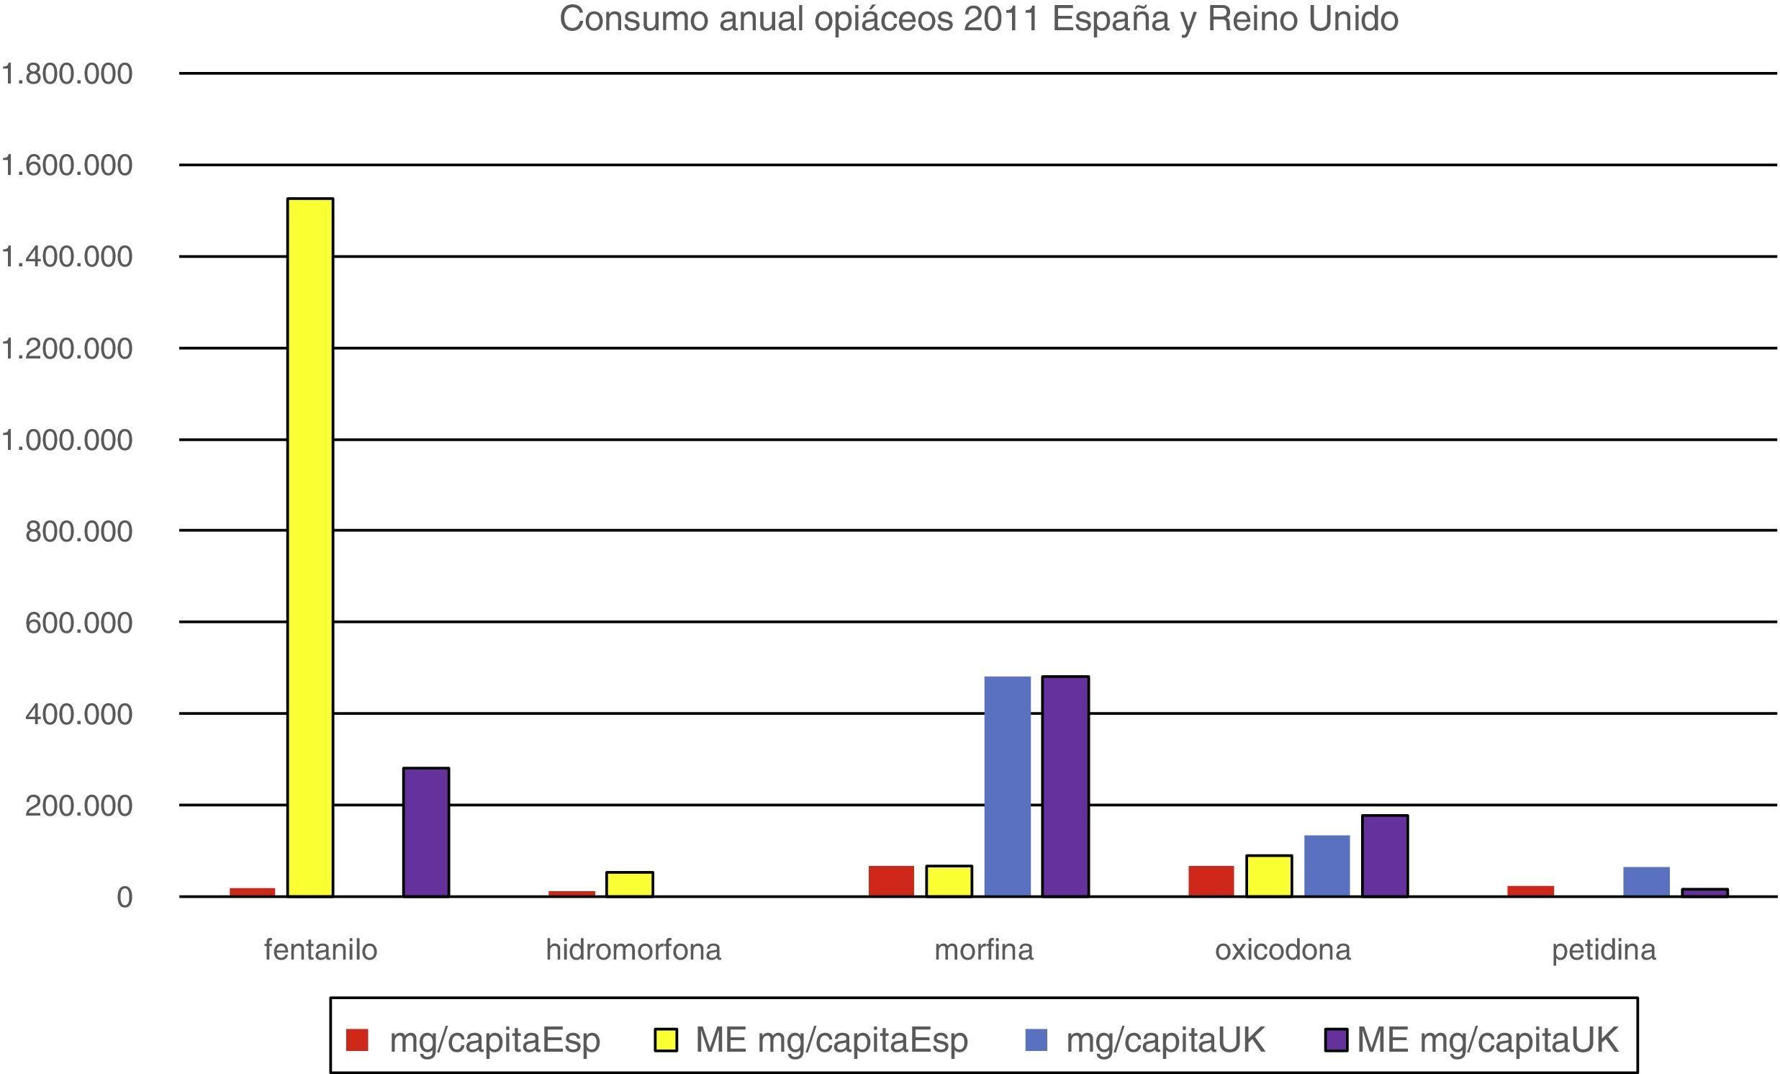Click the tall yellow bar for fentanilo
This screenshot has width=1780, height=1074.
[x=310, y=547]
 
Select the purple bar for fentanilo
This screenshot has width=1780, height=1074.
[x=425, y=832]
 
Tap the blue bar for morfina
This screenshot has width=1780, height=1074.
[x=1007, y=787]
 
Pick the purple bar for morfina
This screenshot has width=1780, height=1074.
[x=1065, y=787]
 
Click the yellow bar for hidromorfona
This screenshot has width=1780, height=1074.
[x=629, y=884]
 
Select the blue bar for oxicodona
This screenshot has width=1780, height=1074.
[x=1327, y=866]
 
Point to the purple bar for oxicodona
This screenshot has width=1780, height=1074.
[x=1385, y=856]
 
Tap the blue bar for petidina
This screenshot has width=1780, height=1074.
[x=1646, y=882]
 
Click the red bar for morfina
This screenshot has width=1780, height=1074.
[x=891, y=881]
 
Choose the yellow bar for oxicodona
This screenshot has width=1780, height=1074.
[x=1269, y=876]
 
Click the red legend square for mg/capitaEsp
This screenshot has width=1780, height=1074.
[x=357, y=1040]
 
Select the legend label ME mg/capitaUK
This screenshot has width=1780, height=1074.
[x=1488, y=1040]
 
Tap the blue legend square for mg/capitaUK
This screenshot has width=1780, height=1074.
[x=1036, y=1040]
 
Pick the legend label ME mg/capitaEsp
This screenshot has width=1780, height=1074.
[x=831, y=1040]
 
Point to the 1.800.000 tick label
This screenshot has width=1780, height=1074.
[x=67, y=73]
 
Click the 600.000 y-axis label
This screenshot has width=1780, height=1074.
[x=78, y=623]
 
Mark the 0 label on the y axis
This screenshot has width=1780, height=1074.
[x=125, y=898]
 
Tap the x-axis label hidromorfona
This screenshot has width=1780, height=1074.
[x=633, y=949]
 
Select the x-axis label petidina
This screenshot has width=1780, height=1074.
[x=1604, y=949]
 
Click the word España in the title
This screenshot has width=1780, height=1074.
[x=1111, y=19]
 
